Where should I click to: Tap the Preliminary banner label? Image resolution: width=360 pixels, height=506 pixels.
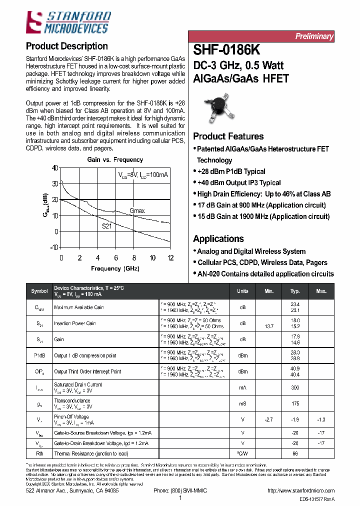[313, 36]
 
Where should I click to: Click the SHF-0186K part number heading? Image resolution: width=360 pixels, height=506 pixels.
[226, 50]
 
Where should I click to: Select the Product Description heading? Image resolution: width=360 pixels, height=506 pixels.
[66, 46]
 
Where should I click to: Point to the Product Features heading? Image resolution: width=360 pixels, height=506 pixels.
[228, 136]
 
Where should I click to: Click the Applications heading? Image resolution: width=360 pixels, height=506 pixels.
[218, 239]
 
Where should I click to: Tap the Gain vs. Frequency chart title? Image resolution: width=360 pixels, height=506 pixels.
[115, 160]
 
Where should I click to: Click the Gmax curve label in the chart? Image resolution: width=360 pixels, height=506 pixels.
[137, 211]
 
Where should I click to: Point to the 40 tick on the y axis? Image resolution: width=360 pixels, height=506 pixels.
[54, 168]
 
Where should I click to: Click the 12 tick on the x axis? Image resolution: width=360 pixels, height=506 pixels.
[170, 258]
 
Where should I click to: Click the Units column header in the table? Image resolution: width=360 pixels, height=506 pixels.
[242, 291]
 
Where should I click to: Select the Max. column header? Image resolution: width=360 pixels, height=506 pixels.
[321, 291]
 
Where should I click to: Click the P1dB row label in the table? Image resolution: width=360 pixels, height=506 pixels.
[39, 355]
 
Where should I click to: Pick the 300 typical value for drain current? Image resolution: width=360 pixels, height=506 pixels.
[295, 388]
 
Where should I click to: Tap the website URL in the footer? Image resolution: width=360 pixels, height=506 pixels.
[301, 491]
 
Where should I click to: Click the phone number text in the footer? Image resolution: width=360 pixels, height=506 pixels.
[180, 491]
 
